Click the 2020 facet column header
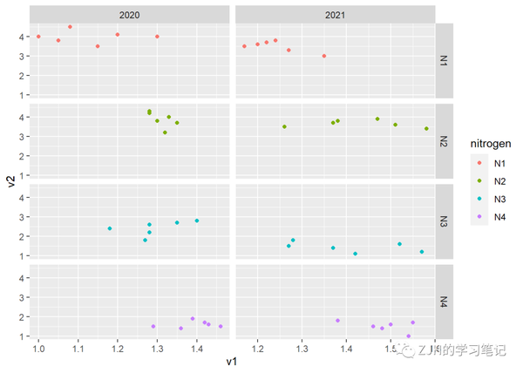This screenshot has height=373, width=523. pyautogui.click(x=129, y=16)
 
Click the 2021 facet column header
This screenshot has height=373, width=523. pyautogui.click(x=334, y=16)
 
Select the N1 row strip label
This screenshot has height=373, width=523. pyautogui.click(x=444, y=62)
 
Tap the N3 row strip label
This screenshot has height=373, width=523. pyautogui.click(x=444, y=221)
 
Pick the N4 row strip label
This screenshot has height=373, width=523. pyautogui.click(x=444, y=302)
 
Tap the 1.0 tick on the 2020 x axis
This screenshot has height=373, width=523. pyautogui.click(x=38, y=349)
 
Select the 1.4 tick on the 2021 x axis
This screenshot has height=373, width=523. pyautogui.click(x=347, y=349)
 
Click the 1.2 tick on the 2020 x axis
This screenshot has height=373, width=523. pyautogui.click(x=118, y=349)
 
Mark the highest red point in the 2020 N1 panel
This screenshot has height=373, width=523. pyautogui.click(x=70, y=27)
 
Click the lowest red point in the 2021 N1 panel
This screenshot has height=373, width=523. pyautogui.click(x=324, y=56)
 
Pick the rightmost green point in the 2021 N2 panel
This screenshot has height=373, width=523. pyautogui.click(x=426, y=129)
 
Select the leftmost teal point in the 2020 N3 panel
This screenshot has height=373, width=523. pyautogui.click(x=110, y=228)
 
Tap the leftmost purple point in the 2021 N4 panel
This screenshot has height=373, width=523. pyautogui.click(x=338, y=321)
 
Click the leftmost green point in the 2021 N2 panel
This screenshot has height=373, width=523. pyautogui.click(x=284, y=126)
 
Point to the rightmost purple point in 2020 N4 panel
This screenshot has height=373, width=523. pyautogui.click(x=221, y=326)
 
